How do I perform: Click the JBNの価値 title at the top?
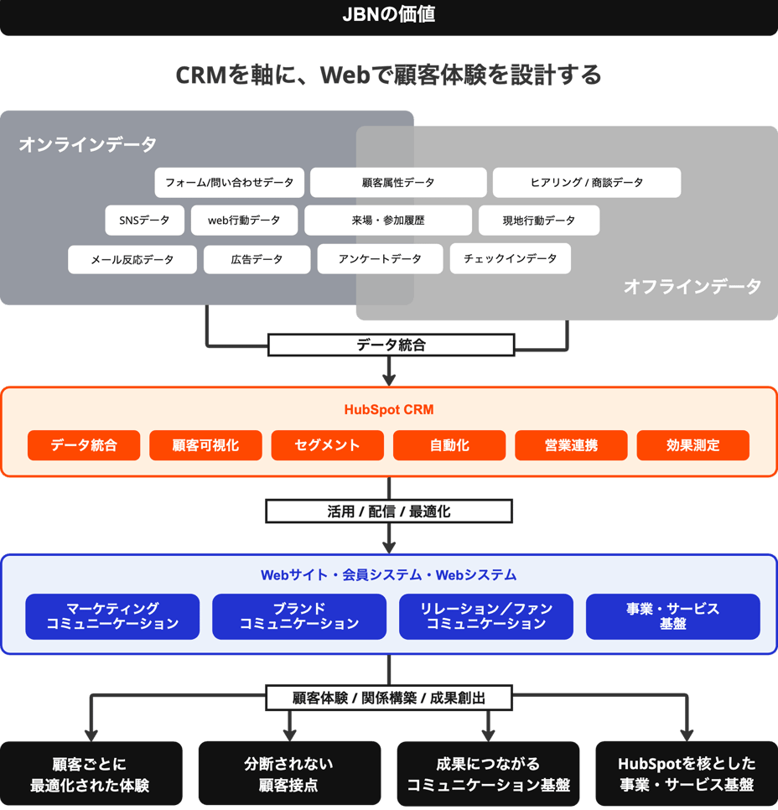tap(388, 15)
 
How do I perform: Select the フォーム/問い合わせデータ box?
tap(229, 182)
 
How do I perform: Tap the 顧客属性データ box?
tap(398, 182)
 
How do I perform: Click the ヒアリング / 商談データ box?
tap(586, 182)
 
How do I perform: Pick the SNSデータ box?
tap(144, 221)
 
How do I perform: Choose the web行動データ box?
tap(244, 221)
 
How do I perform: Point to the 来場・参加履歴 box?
tap(388, 221)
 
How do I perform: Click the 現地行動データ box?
tap(539, 221)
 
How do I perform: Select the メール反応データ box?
tap(132, 259)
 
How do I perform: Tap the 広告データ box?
tap(257, 259)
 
